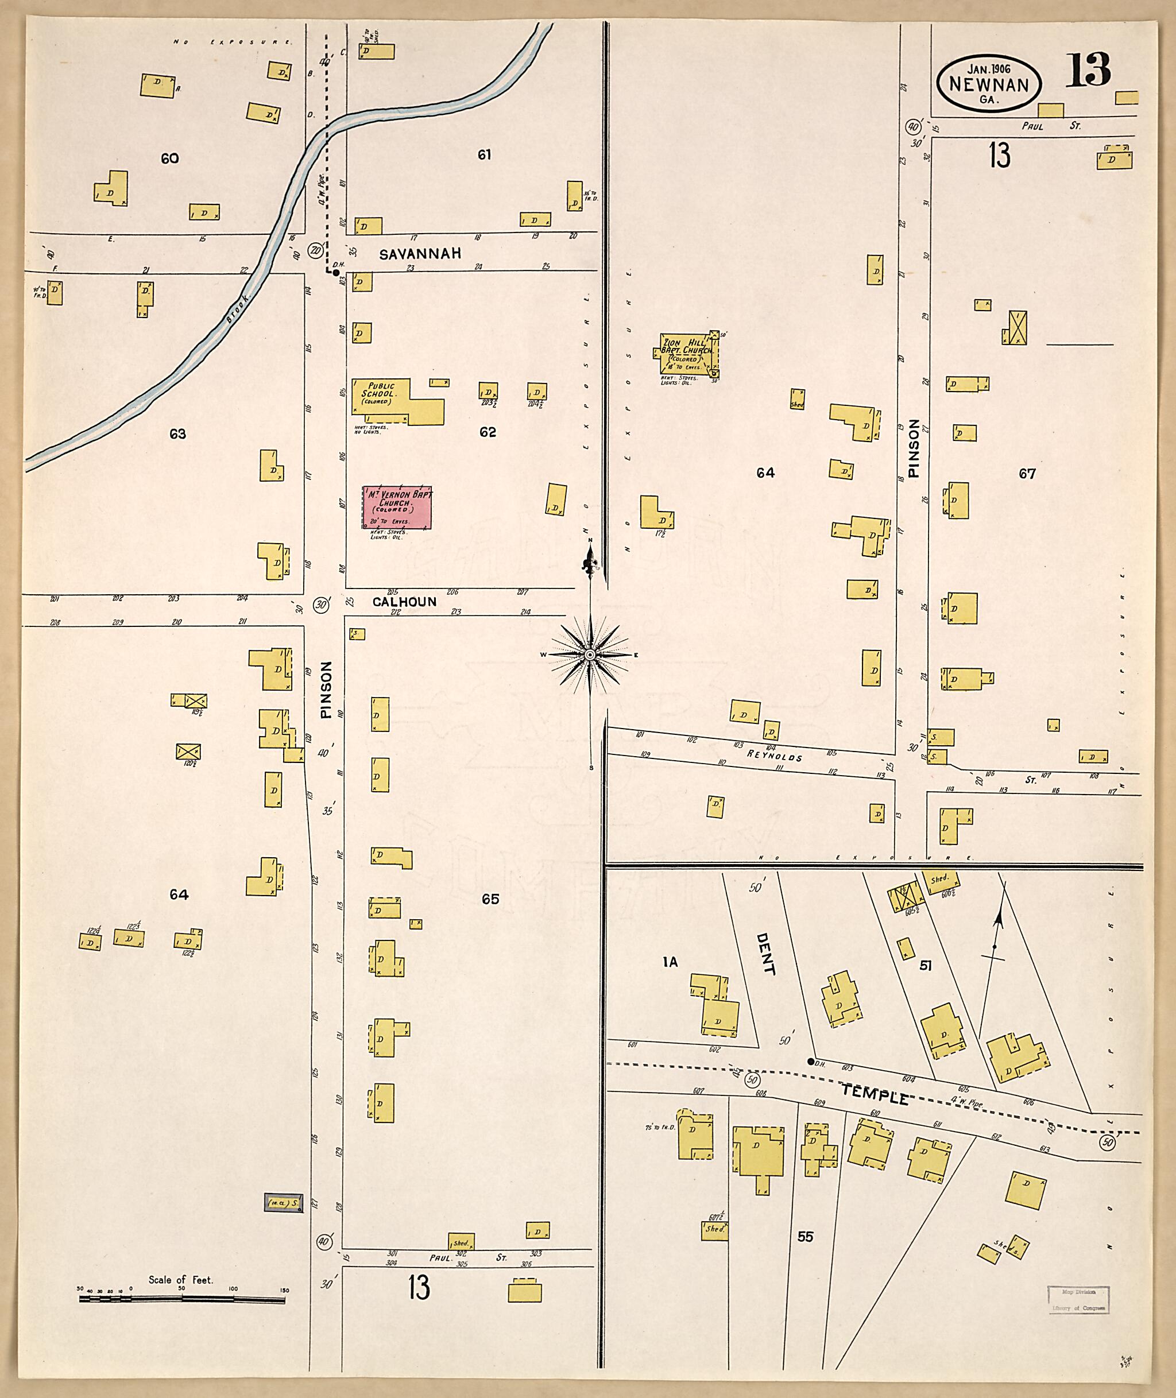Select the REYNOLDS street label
click(x=774, y=756)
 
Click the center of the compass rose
click(x=590, y=655)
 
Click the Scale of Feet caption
click(x=180, y=1279)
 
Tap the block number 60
click(x=169, y=158)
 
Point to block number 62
click(x=488, y=432)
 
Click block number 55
click(x=805, y=1236)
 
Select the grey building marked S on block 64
click(x=283, y=1203)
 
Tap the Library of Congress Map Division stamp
click(x=1078, y=1299)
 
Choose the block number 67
click(x=1027, y=473)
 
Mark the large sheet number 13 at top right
click(x=1088, y=70)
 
